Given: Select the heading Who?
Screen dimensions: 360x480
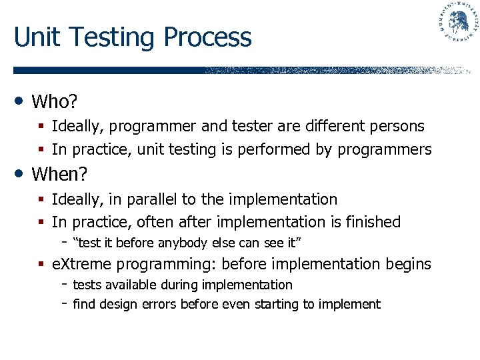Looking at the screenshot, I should tap(55, 102).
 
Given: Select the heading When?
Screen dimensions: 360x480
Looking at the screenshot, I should tap(60, 175).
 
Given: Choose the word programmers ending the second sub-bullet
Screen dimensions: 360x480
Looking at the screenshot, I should tap(384, 150).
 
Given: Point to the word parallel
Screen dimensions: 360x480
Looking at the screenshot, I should tap(175, 199).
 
